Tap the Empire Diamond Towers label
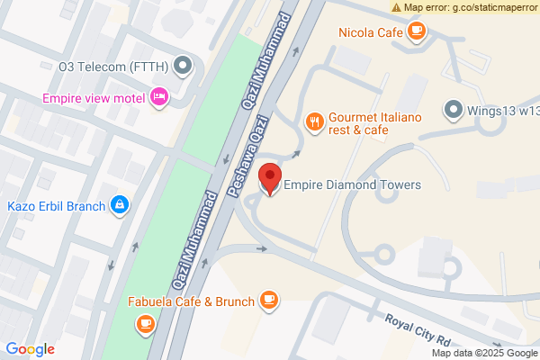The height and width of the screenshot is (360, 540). (x=353, y=185)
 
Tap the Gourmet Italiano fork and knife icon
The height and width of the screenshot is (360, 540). (x=314, y=120)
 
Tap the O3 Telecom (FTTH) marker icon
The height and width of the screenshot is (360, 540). (x=184, y=65)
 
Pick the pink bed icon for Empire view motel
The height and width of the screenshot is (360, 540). (x=159, y=96)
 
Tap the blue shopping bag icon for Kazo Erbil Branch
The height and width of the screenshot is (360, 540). (x=119, y=205)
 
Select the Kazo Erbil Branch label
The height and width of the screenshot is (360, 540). (x=54, y=205)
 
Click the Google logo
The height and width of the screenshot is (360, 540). (x=30, y=349)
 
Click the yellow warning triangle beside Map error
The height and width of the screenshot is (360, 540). (x=396, y=7)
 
